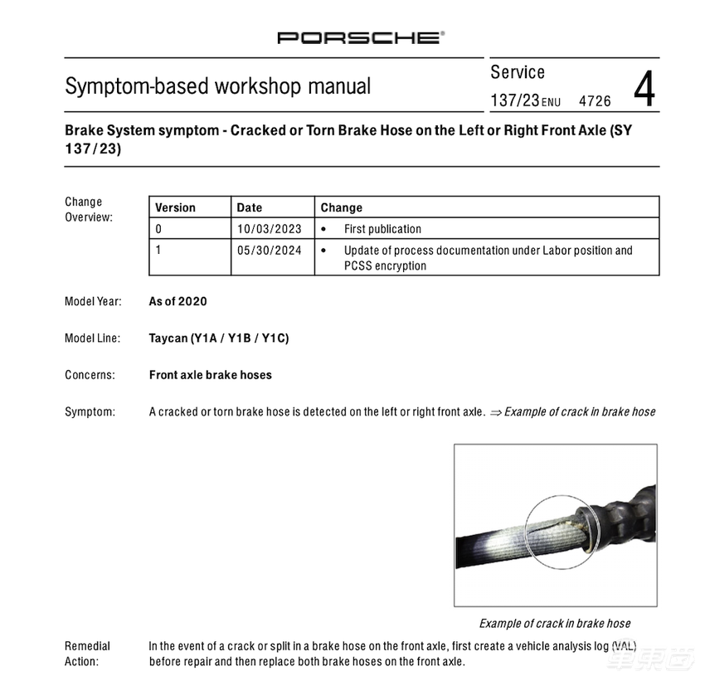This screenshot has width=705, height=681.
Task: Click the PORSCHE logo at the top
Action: point(361,37)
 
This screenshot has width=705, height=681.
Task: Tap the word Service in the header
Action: point(518,72)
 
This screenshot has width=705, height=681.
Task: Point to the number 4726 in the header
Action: point(595,101)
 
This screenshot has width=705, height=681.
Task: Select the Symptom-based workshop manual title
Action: point(218,86)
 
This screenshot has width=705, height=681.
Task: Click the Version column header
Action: point(176,207)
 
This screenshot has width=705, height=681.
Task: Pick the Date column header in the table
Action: point(250,207)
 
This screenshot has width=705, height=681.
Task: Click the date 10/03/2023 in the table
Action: point(270,229)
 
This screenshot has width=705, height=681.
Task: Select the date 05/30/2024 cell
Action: point(270,250)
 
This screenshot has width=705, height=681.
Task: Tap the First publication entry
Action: point(382,229)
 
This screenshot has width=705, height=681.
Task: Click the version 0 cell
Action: point(159,229)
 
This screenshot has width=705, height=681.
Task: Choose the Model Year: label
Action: point(93,301)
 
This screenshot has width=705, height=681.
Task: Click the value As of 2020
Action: point(177,301)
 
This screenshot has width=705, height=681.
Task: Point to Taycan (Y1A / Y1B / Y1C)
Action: point(219,338)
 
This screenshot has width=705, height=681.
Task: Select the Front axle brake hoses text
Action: point(211,375)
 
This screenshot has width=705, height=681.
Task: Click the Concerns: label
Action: point(90,375)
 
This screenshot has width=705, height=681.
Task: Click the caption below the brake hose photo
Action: point(555,623)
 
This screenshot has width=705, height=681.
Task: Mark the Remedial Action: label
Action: point(87,654)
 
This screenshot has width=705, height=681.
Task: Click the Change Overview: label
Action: point(88,209)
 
